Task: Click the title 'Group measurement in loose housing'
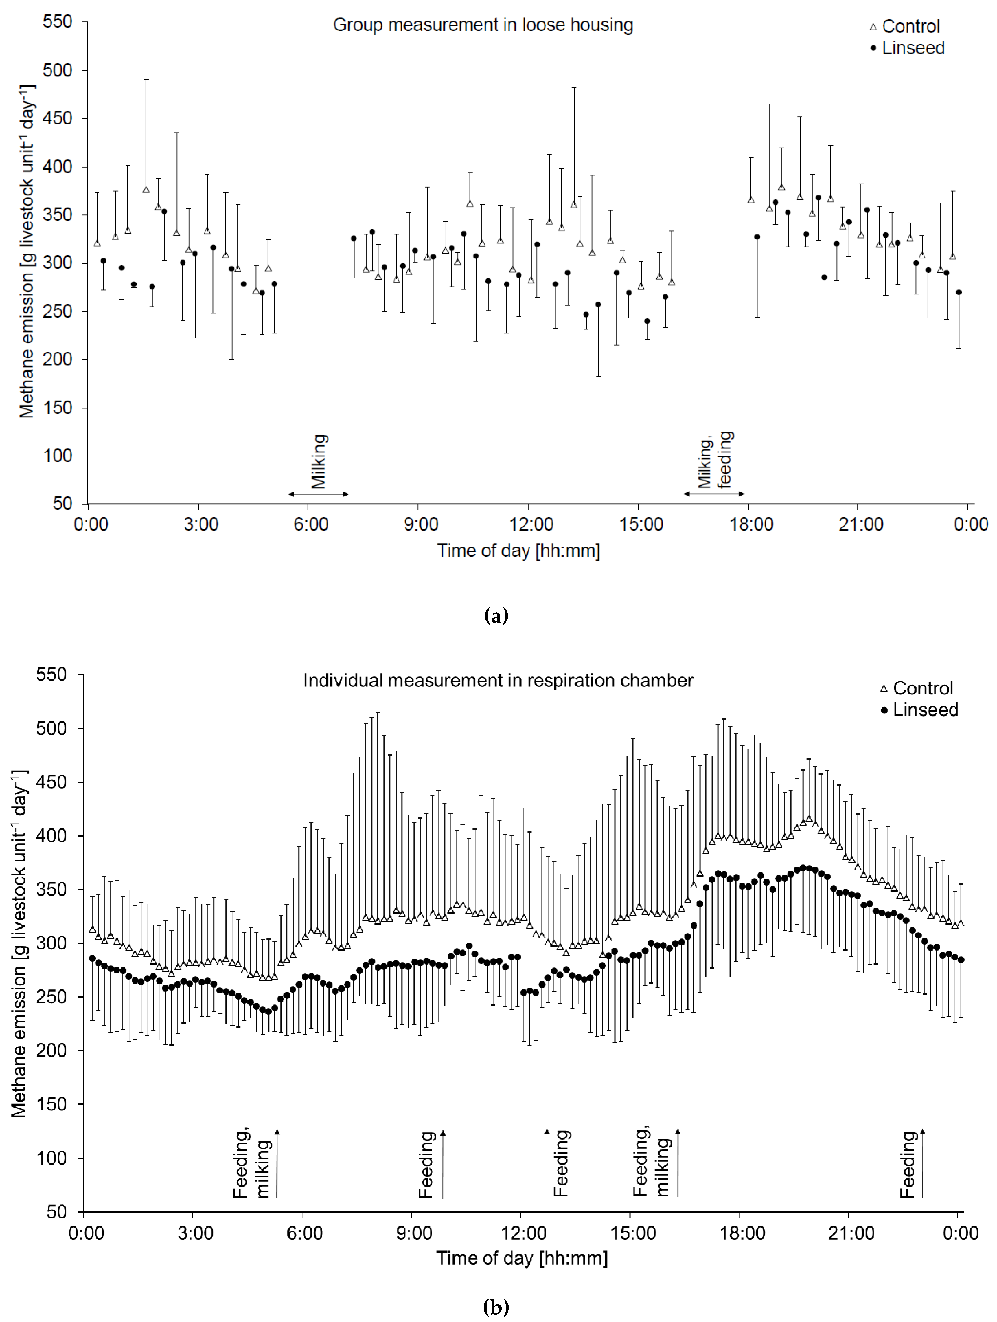pos(483,25)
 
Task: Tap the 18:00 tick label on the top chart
pos(751,525)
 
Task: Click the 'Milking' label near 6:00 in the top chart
pos(319,461)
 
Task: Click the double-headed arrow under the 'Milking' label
pos(318,494)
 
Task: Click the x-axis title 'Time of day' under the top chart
pos(518,551)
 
